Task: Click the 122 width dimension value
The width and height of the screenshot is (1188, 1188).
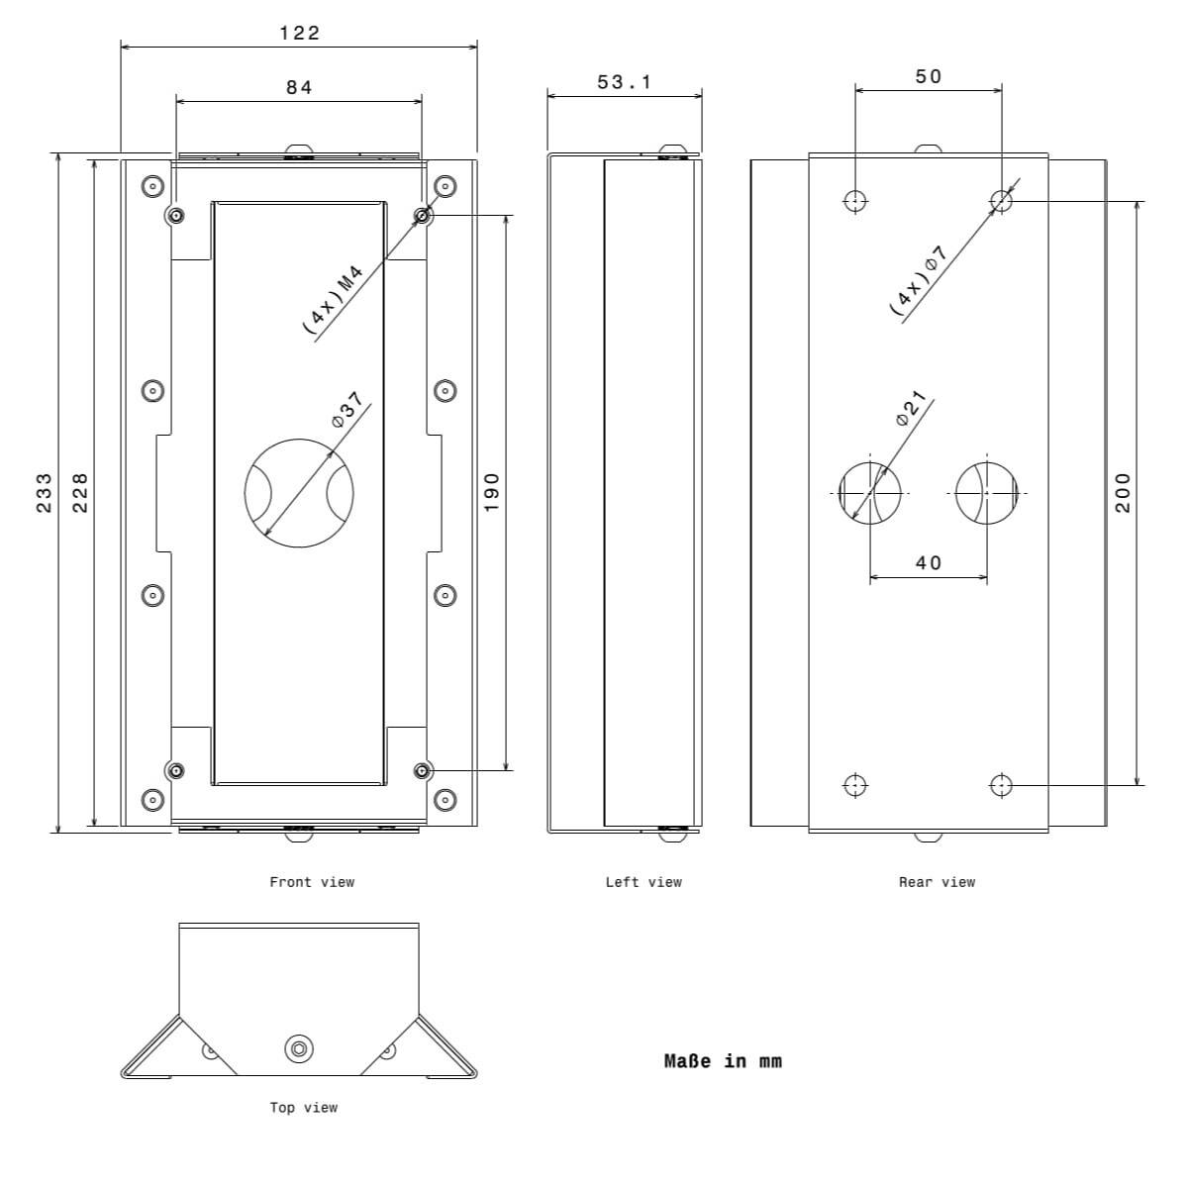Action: [300, 33]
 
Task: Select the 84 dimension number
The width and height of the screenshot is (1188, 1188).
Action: [299, 87]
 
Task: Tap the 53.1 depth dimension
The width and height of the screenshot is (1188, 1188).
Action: [624, 82]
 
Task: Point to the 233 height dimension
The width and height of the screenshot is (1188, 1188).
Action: [45, 493]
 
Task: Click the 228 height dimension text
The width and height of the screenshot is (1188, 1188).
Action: [80, 493]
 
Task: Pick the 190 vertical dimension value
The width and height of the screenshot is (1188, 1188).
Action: [491, 493]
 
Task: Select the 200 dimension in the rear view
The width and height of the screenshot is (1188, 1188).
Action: [1123, 493]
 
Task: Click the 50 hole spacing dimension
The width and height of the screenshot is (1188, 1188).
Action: [929, 76]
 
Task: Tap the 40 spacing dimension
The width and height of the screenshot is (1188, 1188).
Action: [929, 563]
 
